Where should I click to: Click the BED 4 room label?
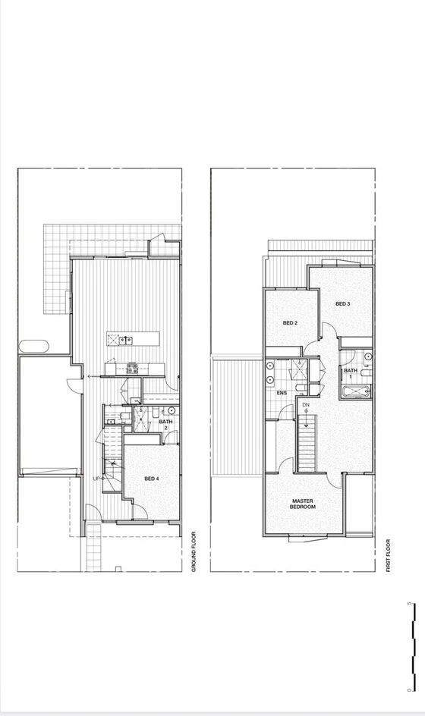pos(152,479)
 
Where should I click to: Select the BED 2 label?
pos(290,323)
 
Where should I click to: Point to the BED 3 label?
pos(343,304)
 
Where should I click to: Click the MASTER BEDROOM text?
pos(304,504)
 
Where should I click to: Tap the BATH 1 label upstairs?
pos(350,374)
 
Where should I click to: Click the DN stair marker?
pos(306,406)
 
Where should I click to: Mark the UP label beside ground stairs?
pos(96,479)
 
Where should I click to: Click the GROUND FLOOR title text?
pos(194,551)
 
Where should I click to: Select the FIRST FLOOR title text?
pos(388,555)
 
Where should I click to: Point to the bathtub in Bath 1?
pos(355,391)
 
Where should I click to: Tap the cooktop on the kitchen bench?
pos(131,369)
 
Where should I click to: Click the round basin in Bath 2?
pos(172,410)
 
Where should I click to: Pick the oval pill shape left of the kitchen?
pos(34,347)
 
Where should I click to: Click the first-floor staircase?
pos(306,446)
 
